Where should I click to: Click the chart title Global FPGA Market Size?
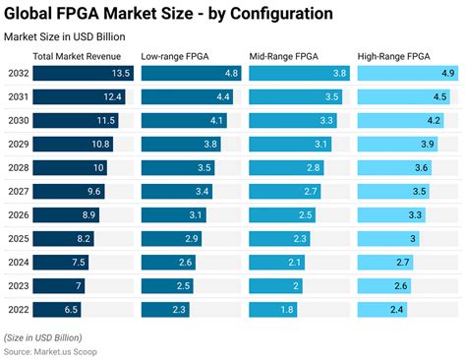click(167, 14)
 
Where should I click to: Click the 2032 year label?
click(18, 74)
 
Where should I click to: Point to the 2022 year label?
click(18, 309)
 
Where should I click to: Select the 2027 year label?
click(18, 191)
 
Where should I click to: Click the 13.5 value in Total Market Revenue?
click(120, 74)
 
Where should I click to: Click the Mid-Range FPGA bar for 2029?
click(285, 144)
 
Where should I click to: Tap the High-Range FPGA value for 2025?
click(414, 238)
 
